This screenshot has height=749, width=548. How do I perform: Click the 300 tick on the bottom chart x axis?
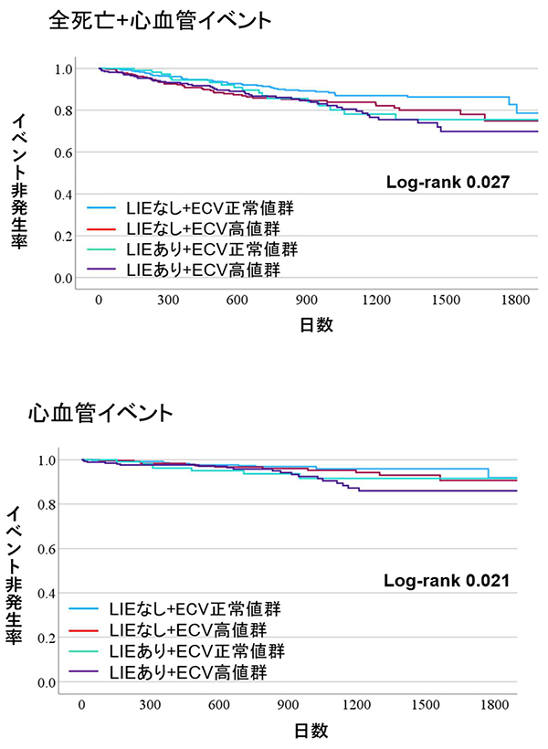pos(151,706)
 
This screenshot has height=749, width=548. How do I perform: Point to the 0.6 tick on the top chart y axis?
pos(62,153)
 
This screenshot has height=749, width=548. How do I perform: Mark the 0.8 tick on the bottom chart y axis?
pos(46,504)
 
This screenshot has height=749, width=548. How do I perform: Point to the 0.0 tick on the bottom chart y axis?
pos(46,682)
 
